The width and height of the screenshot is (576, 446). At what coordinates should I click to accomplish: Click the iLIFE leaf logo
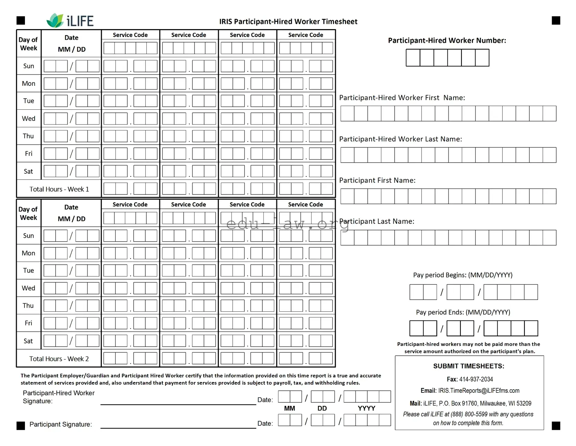(x=55, y=20)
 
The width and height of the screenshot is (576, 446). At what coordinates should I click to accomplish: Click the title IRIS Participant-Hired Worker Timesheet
(x=288, y=21)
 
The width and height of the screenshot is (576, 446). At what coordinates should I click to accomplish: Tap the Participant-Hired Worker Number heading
(x=447, y=40)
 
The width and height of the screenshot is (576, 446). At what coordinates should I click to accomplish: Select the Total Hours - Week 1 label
(x=59, y=189)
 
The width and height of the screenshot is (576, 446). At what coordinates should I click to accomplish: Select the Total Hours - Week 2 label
(x=59, y=359)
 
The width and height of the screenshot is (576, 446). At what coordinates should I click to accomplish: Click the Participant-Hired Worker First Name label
(x=402, y=98)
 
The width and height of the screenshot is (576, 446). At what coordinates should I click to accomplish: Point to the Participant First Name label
(x=377, y=180)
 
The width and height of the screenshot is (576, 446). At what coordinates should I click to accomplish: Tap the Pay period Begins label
(x=462, y=275)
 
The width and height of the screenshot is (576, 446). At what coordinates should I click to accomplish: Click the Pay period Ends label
(x=463, y=312)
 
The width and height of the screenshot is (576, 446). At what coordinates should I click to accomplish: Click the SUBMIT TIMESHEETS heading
(x=469, y=366)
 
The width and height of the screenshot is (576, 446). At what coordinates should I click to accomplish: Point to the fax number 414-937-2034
(x=476, y=379)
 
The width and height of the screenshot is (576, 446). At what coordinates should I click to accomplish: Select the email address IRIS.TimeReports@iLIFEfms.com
(x=479, y=391)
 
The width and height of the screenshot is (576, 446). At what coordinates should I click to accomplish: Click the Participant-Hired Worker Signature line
(x=178, y=403)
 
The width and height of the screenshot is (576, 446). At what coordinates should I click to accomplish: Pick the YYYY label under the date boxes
(x=367, y=408)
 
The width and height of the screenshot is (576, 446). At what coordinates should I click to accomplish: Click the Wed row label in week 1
(x=28, y=119)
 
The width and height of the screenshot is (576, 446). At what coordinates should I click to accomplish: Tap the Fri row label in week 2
(x=28, y=323)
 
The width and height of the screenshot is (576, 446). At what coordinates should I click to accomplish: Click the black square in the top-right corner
(x=556, y=20)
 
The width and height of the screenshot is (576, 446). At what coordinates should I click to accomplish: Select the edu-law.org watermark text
(x=287, y=225)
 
